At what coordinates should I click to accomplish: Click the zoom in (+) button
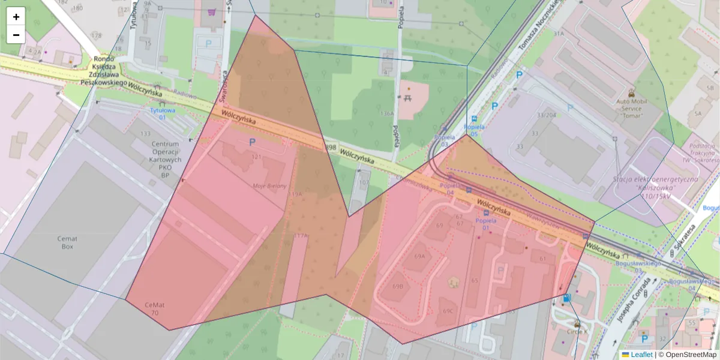click(x=16, y=17)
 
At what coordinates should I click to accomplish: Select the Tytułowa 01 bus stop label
click(x=162, y=114)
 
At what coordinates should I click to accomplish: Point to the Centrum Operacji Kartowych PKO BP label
click(x=166, y=160)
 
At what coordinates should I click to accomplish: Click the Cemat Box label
click(x=67, y=242)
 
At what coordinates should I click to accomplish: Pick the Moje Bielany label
click(x=270, y=186)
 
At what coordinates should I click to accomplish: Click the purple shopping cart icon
click(x=212, y=11)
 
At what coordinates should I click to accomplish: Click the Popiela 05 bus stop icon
click(x=475, y=119)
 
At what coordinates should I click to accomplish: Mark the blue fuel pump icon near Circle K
click(x=566, y=298)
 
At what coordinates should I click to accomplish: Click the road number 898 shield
click(x=331, y=147)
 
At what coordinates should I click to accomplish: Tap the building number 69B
click(x=398, y=286)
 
